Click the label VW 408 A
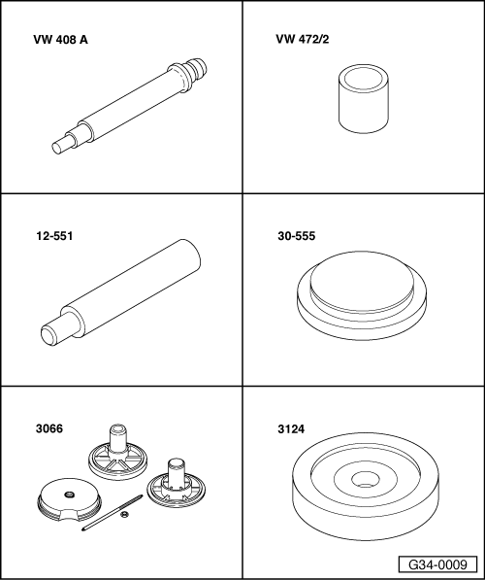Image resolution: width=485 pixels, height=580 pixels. [60, 40]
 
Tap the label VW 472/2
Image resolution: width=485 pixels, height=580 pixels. [303, 39]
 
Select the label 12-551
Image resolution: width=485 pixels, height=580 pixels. [54, 236]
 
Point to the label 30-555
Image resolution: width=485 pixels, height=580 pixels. [297, 236]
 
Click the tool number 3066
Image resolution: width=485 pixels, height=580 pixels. [49, 428]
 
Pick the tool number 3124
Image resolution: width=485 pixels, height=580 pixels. [291, 429]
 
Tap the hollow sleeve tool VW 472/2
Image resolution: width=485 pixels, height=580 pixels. [364, 98]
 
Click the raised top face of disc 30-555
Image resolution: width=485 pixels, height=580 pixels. [362, 282]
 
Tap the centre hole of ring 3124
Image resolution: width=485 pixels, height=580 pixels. [366, 480]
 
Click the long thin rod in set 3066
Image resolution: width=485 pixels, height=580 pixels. [112, 512]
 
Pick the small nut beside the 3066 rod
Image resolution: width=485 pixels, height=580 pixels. [124, 514]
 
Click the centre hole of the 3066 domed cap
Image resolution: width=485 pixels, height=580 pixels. [68, 495]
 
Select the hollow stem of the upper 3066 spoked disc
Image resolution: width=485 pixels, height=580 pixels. [118, 438]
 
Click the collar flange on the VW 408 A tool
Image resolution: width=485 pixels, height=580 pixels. [178, 78]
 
